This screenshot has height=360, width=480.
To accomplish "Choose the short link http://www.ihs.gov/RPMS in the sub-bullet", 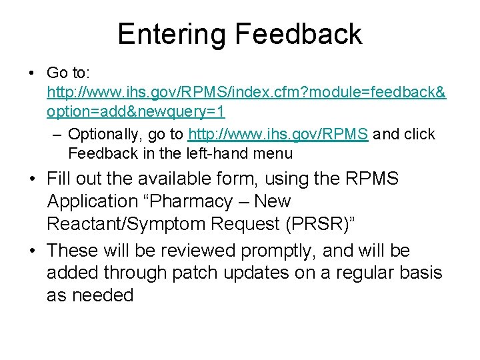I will pyautogui.click(x=278, y=134).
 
